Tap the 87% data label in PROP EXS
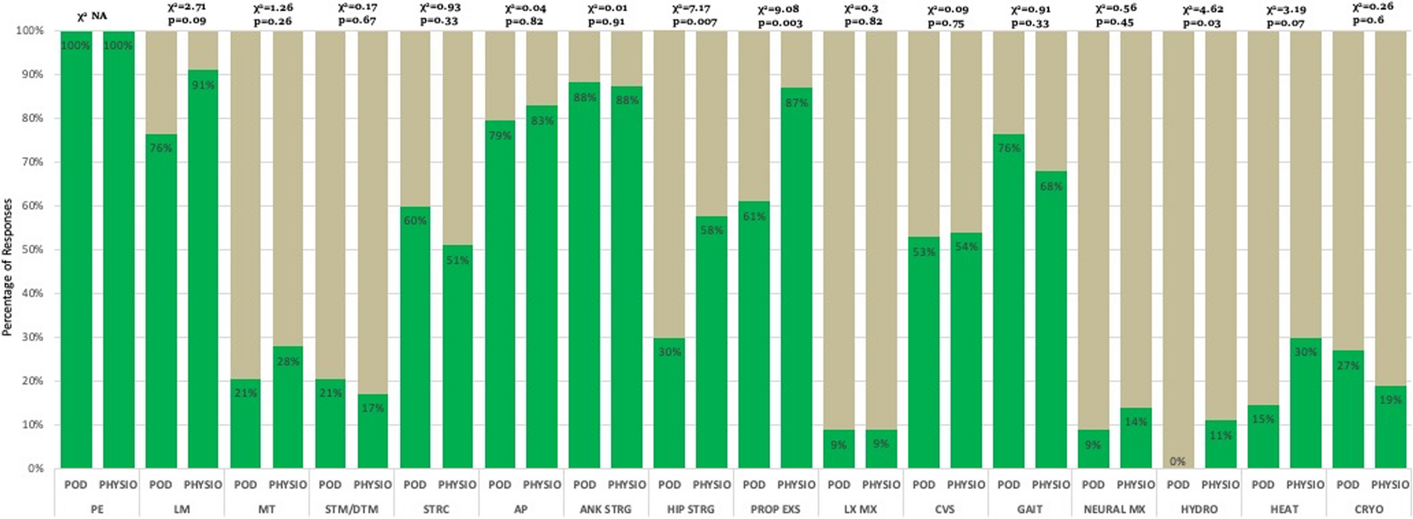tap(796, 103)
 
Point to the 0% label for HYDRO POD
tap(1177, 462)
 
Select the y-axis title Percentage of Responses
tap(8, 267)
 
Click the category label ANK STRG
tap(605, 510)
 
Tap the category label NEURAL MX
tap(1114, 510)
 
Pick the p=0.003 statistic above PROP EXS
tap(780, 23)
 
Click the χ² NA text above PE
tap(92, 16)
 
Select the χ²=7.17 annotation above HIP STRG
tap(691, 9)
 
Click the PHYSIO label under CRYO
tap(1390, 485)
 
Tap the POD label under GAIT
tap(1009, 485)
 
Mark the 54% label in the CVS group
tap(966, 247)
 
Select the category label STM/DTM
tap(351, 510)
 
